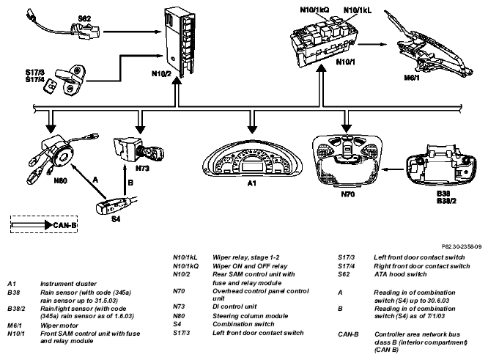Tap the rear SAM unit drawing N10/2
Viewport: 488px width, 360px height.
pos(180,43)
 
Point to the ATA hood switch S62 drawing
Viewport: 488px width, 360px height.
pos(64,27)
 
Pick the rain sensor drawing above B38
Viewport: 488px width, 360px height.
pos(441,167)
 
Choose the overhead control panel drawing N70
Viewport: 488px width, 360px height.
pos(347,161)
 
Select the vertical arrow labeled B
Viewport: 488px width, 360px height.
pos(125,180)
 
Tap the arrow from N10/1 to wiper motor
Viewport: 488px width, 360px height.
pos(372,44)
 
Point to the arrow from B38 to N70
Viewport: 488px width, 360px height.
pos(393,169)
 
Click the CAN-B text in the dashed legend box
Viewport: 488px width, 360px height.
pos(64,225)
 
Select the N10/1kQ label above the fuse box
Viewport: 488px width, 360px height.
pos(314,10)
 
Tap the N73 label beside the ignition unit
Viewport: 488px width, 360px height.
pos(142,169)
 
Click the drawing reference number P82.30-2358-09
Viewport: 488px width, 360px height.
pos(462,246)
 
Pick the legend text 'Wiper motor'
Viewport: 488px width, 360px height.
pos(59,326)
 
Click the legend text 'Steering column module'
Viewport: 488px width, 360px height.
pos(250,316)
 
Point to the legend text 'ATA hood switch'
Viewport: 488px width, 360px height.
pos(400,274)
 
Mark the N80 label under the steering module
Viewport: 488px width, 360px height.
pos(60,181)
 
